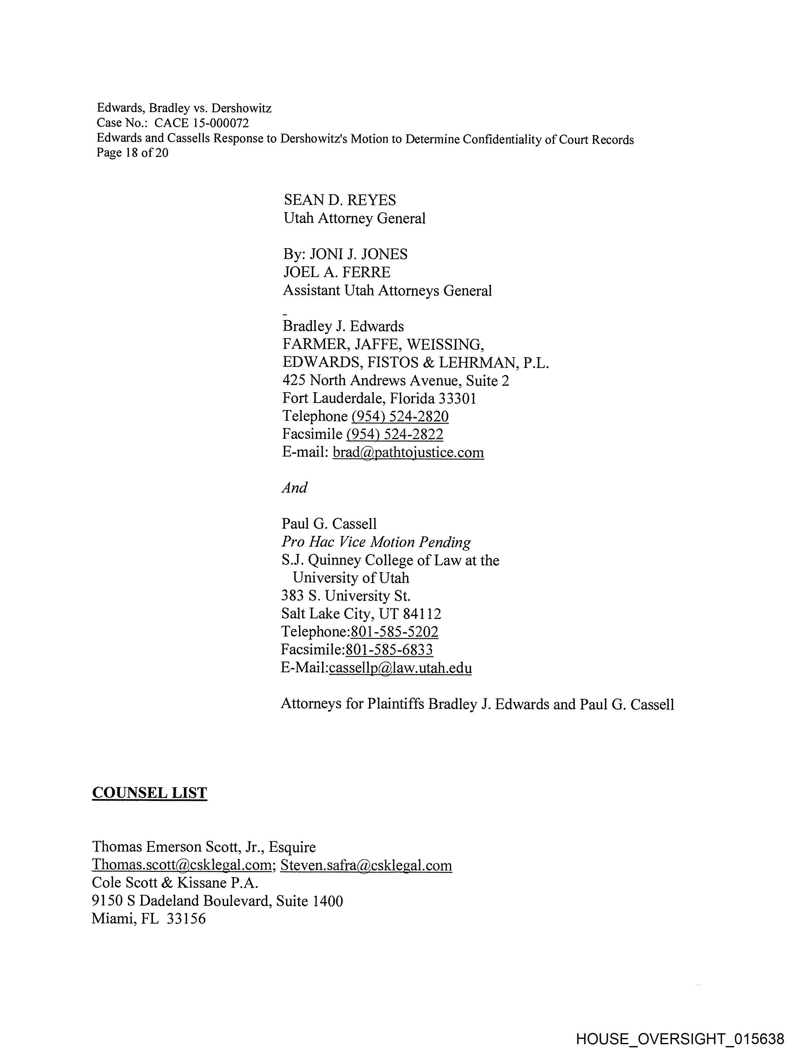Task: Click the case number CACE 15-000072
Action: click(x=201, y=123)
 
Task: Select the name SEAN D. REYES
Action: click(x=340, y=200)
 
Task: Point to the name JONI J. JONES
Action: click(x=359, y=254)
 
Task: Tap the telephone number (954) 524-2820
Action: click(x=400, y=417)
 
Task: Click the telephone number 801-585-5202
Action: click(x=394, y=632)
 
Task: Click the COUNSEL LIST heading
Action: click(x=149, y=793)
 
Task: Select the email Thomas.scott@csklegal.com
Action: click(x=182, y=865)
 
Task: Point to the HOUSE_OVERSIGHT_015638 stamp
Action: click(x=680, y=1039)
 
